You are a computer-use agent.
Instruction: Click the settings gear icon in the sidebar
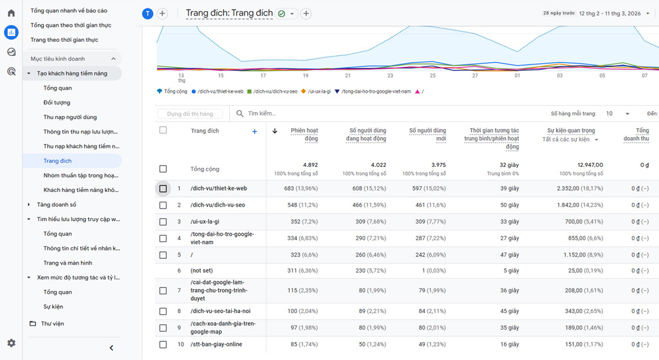point(11,343)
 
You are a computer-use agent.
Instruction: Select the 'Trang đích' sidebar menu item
point(57,161)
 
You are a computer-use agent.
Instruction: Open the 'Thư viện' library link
point(52,323)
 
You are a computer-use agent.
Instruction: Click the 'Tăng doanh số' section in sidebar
point(57,205)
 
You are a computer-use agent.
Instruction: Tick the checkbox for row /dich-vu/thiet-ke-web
point(163,189)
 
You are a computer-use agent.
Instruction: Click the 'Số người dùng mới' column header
point(427,135)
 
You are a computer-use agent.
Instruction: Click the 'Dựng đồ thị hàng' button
point(190,114)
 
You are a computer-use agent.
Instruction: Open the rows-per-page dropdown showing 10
point(618,113)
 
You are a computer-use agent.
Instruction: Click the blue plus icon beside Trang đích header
point(255,131)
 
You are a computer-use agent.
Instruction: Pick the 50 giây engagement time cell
point(508,205)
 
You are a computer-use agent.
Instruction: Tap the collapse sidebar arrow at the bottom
point(111,348)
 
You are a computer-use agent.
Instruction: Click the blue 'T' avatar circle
point(147,14)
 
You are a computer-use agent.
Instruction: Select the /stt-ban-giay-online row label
point(216,345)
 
